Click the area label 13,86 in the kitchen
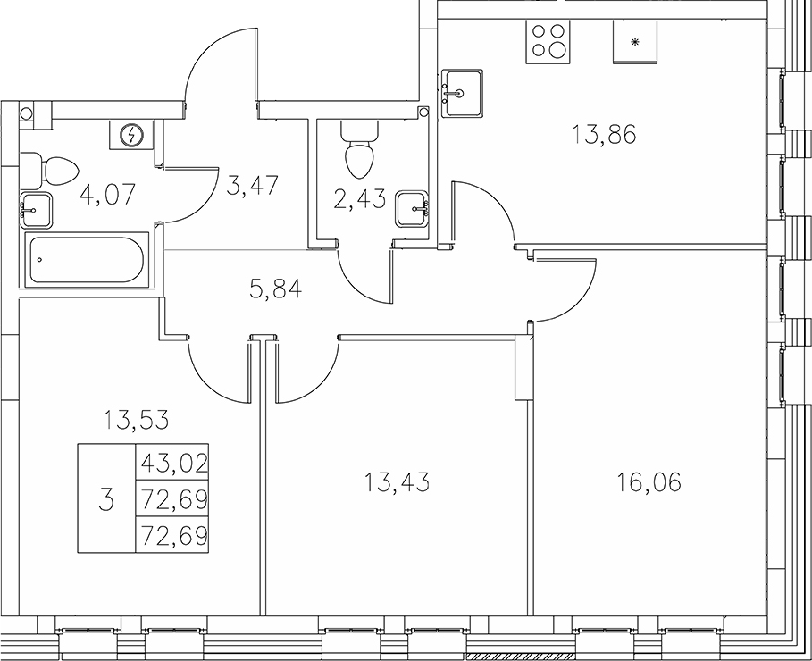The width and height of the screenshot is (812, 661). (604, 137)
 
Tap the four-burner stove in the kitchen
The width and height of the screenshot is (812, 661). (548, 39)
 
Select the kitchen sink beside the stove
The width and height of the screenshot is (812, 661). (461, 91)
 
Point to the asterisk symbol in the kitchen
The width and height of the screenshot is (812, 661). (635, 42)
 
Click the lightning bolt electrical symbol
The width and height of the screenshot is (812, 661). (132, 136)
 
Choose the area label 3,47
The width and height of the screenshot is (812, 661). (253, 186)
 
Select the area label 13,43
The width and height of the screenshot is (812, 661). (398, 483)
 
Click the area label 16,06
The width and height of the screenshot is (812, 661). (649, 483)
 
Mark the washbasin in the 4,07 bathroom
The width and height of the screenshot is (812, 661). (37, 211)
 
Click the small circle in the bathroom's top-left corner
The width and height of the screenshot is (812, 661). (26, 113)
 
